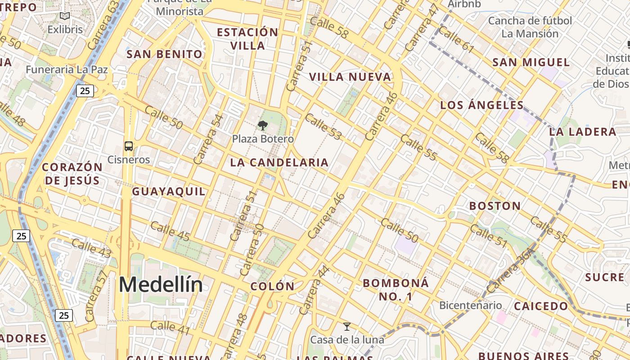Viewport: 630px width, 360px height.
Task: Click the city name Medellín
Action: click(x=161, y=285)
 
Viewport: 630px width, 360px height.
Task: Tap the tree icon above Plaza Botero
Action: click(x=263, y=126)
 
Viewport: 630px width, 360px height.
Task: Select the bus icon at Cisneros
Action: click(x=129, y=146)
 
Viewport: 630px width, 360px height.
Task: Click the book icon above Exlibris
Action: click(x=65, y=16)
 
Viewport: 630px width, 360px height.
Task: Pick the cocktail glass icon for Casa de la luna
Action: click(x=347, y=326)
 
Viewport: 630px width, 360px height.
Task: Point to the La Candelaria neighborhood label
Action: click(x=279, y=162)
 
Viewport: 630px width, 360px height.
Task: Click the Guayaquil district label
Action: click(x=168, y=192)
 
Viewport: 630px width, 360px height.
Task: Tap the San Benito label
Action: click(x=164, y=54)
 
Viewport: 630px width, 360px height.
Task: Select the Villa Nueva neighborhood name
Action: click(x=350, y=77)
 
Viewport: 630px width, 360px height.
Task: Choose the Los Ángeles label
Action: click(x=482, y=105)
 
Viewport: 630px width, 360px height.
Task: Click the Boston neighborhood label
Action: click(x=495, y=206)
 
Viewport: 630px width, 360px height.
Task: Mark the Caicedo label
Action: click(x=541, y=306)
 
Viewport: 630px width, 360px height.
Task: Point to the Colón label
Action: click(x=272, y=286)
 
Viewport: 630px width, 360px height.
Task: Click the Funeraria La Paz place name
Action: click(x=67, y=70)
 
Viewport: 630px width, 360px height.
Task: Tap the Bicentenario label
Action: click(x=470, y=305)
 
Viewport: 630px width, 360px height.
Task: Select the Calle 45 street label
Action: click(x=170, y=231)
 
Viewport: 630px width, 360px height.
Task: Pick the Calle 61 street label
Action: click(x=456, y=39)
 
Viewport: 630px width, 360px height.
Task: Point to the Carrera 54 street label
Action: click(x=208, y=139)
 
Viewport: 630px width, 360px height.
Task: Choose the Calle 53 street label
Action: click(x=323, y=126)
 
